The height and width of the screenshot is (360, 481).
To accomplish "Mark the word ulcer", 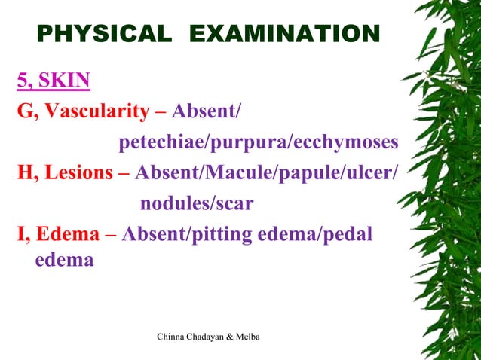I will point(367,173).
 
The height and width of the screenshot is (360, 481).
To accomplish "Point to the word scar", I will point(234,203).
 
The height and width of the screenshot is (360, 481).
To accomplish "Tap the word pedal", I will point(347,233).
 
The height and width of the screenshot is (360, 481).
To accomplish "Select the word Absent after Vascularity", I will point(204,112).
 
